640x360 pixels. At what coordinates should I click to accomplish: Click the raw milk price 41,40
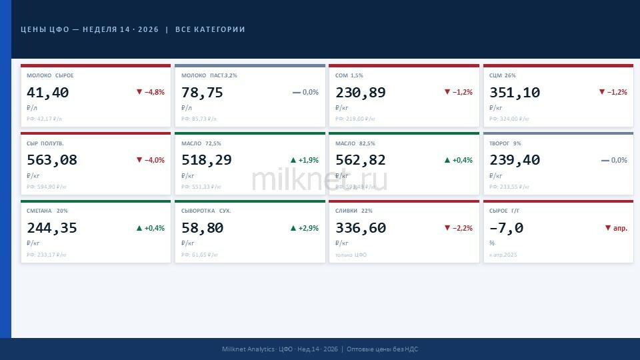(48, 93)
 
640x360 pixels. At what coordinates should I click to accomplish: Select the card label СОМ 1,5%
(349, 75)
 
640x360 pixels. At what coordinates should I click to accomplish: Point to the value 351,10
(515, 93)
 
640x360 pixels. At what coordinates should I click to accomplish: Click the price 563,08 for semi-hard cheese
(52, 160)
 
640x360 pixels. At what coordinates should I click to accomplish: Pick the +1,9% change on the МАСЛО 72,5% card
(304, 160)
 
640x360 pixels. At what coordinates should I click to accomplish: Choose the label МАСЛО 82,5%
(355, 143)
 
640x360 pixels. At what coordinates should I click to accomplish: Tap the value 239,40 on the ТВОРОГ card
(515, 160)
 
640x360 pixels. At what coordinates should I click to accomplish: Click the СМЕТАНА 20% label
(47, 211)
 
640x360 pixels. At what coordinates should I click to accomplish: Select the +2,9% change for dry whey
(304, 228)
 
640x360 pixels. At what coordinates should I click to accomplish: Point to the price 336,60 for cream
(361, 228)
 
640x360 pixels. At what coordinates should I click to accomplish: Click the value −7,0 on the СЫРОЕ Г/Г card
(506, 228)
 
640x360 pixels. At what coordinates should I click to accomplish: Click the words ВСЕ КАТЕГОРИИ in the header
(210, 29)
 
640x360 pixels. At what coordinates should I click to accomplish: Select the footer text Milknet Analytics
(248, 349)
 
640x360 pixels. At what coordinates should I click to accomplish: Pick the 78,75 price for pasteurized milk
(202, 93)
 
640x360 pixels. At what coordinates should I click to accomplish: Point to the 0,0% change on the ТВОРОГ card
(614, 160)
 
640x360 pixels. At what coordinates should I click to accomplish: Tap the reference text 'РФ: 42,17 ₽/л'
(44, 119)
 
